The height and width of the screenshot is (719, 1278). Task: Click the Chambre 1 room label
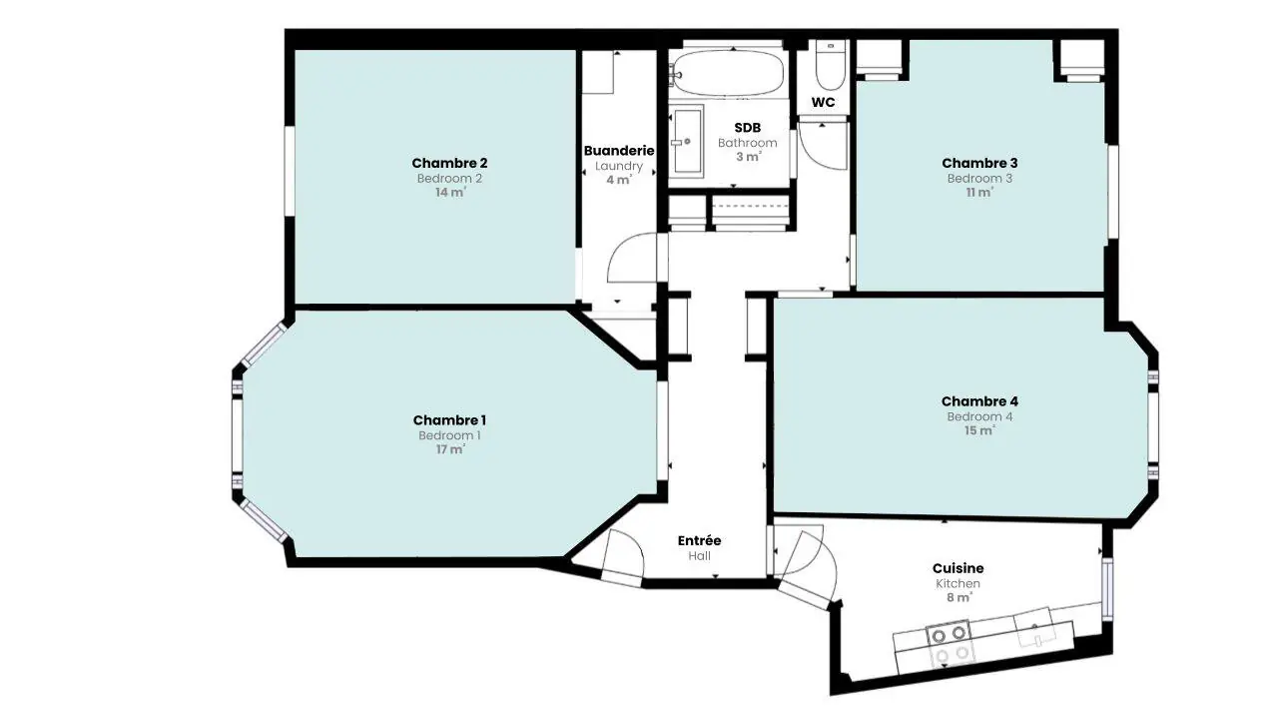449,420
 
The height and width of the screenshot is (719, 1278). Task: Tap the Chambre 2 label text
449,163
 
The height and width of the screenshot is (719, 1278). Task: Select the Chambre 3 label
979,163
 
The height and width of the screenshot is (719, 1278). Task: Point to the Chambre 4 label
979,401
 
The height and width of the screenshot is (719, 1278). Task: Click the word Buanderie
619,151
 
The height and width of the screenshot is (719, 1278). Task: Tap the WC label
824,102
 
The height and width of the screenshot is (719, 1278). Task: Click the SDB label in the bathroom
748,128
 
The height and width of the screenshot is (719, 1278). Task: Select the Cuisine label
958,568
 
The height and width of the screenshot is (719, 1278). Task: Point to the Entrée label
700,540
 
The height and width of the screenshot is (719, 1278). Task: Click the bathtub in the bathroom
728,73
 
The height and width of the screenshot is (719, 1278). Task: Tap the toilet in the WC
828,66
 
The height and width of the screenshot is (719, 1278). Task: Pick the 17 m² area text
450,449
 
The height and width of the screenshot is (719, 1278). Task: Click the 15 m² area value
980,430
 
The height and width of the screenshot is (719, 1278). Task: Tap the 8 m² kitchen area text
958,597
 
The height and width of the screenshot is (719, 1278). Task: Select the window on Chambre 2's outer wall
290,171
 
